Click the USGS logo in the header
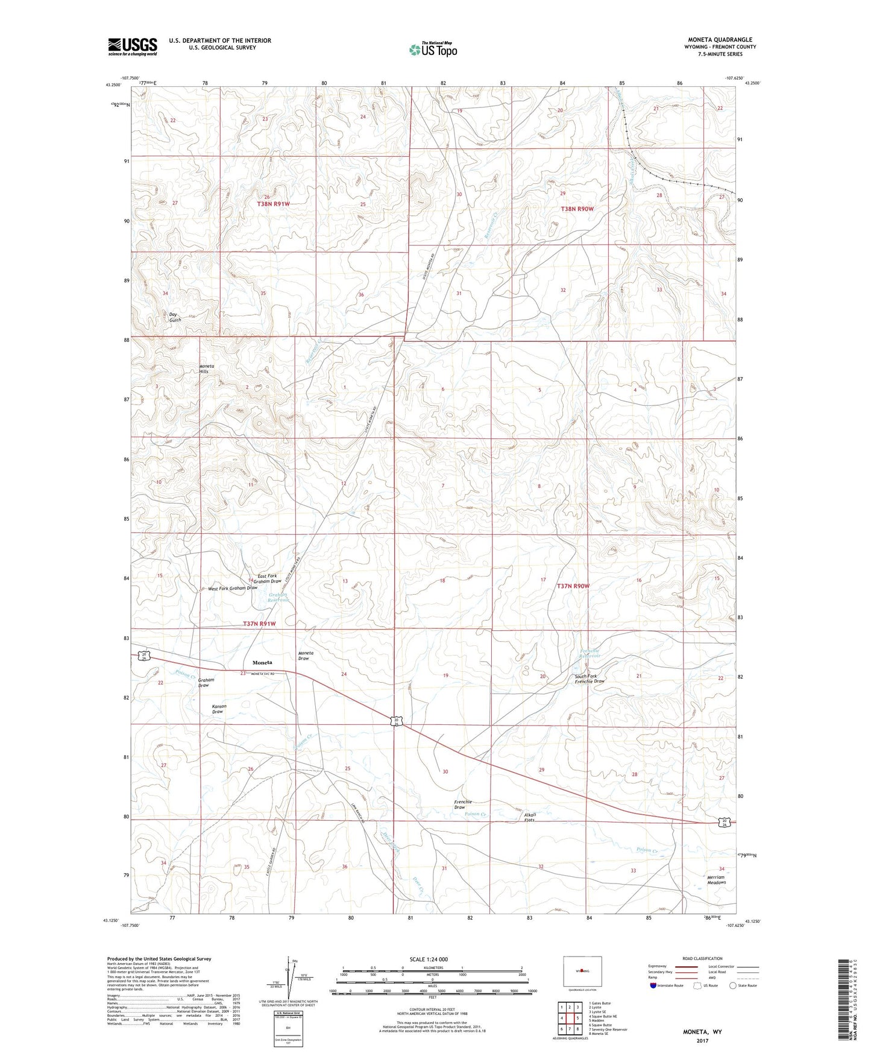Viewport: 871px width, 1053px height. (133, 46)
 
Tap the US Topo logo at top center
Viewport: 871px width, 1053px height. (433, 49)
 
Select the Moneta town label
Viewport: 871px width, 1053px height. (262, 662)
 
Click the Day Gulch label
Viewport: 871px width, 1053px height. (175, 317)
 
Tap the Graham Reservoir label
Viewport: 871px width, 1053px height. (278, 598)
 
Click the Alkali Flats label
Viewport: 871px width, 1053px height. (529, 817)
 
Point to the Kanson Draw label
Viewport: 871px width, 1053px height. (218, 709)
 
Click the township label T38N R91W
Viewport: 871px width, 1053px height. (273, 204)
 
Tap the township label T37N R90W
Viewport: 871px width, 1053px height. (573, 586)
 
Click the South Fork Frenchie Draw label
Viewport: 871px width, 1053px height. (590, 678)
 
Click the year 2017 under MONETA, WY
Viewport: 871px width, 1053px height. (702, 1040)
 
